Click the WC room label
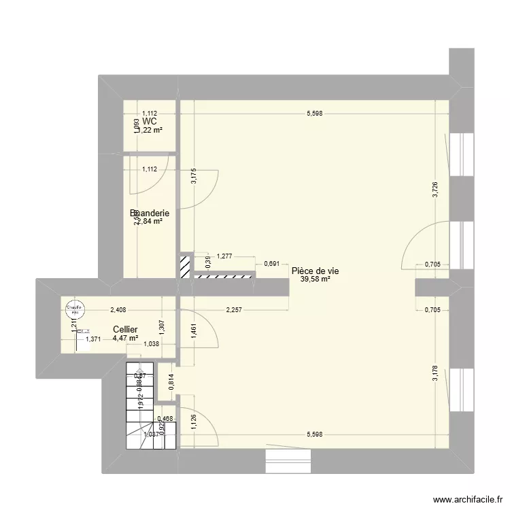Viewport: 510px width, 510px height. click(x=150, y=121)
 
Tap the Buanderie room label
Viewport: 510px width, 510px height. click(x=150, y=214)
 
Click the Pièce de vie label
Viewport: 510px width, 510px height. click(x=315, y=271)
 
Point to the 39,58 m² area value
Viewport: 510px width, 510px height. click(x=315, y=278)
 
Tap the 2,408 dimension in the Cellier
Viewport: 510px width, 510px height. click(x=120, y=311)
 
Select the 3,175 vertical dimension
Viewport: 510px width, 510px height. click(x=192, y=176)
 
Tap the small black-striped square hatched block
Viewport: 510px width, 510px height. click(x=184, y=266)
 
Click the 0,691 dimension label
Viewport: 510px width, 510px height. click(x=271, y=263)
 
